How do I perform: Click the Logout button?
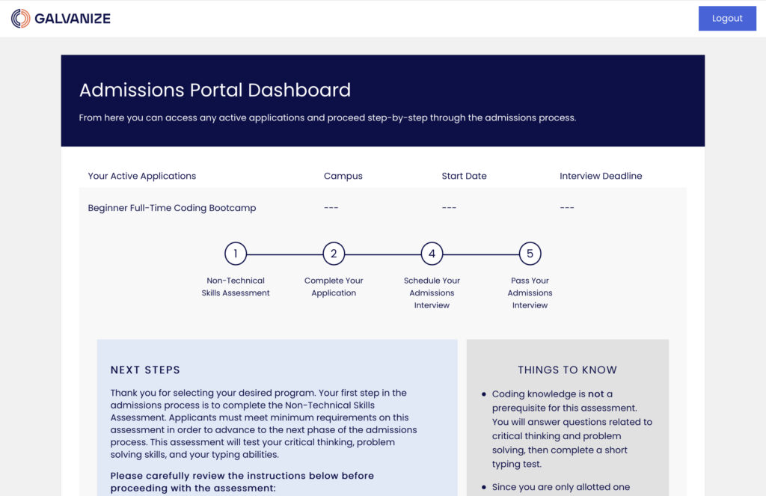[x=726, y=19]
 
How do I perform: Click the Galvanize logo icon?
[x=21, y=19]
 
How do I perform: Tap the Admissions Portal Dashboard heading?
[x=215, y=91]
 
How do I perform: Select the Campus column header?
[x=343, y=177]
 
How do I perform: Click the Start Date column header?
[x=464, y=177]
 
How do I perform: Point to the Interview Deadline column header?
[x=601, y=177]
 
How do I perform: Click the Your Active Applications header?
[x=141, y=177]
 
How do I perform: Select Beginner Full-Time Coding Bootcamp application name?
[x=171, y=208]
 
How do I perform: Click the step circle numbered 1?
[x=236, y=254]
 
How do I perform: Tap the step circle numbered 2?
[x=334, y=254]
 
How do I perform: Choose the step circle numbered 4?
[x=432, y=254]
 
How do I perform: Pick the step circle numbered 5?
[x=530, y=254]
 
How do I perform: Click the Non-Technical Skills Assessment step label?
[x=236, y=287]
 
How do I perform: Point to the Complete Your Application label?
[x=334, y=287]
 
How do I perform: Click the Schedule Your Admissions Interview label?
[x=432, y=293]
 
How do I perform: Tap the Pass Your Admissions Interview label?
[x=530, y=293]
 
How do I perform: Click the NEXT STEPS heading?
[x=145, y=370]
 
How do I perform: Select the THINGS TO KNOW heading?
[x=567, y=370]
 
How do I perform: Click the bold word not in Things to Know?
[x=595, y=394]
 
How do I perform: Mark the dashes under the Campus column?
[x=331, y=208]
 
